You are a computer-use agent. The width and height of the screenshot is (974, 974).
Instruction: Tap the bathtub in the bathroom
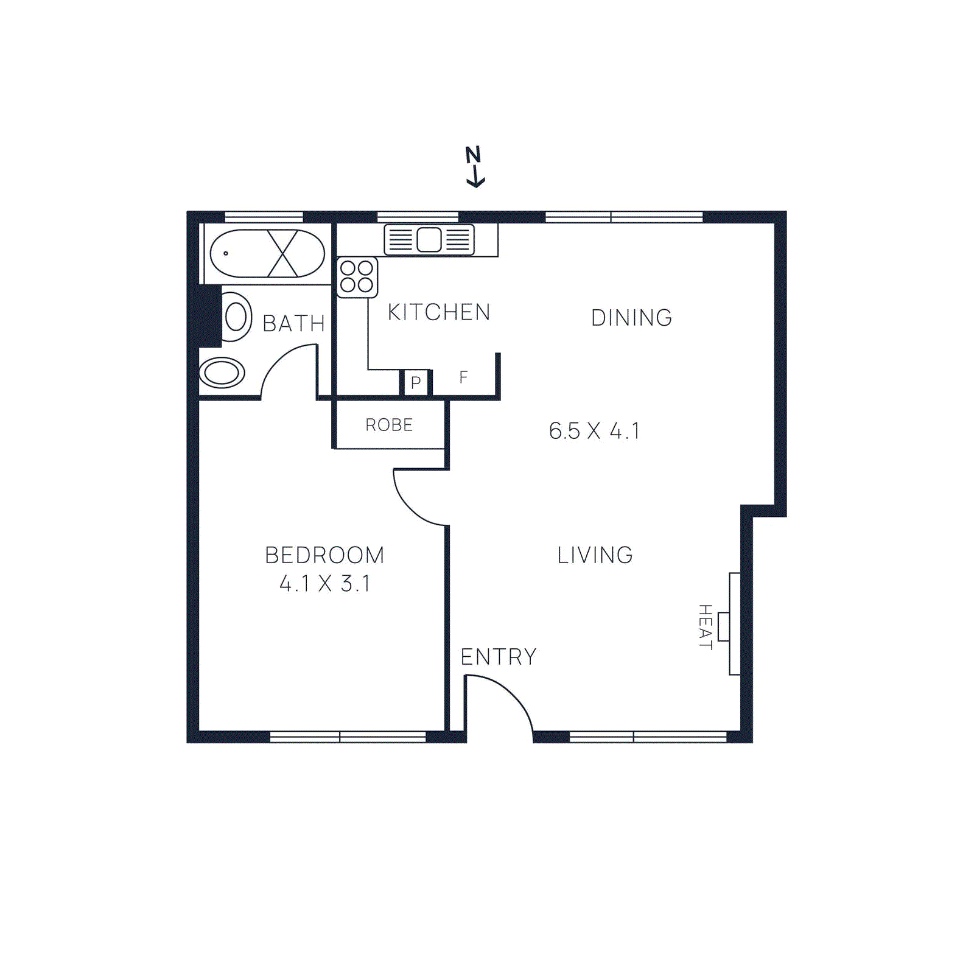click(267, 253)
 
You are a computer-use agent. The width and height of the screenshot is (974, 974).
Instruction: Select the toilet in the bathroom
click(235, 317)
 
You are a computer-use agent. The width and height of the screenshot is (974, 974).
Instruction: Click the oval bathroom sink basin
click(222, 373)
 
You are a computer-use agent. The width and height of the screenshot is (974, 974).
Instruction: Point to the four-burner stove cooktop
click(357, 277)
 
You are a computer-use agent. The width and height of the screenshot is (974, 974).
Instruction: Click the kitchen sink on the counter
click(429, 240)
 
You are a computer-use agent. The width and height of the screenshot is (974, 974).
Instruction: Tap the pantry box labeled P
click(416, 383)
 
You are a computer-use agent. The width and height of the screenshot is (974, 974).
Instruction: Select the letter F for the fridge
click(463, 377)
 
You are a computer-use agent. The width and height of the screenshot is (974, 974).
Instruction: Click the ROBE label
click(389, 425)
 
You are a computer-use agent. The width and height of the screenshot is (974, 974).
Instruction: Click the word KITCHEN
click(439, 312)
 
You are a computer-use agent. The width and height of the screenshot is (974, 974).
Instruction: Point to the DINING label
click(631, 318)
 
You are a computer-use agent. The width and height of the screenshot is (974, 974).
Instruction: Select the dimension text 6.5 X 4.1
click(594, 431)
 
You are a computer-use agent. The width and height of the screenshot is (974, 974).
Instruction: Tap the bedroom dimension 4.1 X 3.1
click(324, 584)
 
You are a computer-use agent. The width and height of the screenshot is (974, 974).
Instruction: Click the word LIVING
click(595, 555)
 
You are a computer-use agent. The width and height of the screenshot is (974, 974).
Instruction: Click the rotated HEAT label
click(705, 627)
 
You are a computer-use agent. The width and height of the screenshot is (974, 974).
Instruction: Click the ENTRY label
click(499, 657)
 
